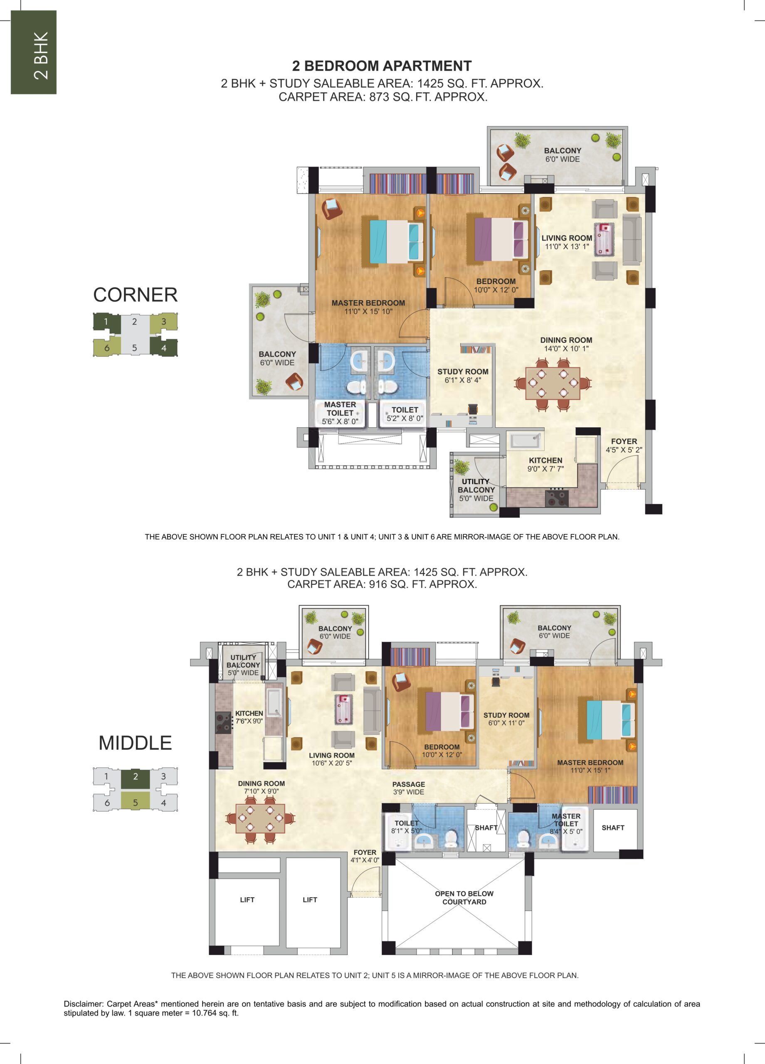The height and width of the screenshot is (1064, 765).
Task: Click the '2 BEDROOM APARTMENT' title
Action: [x=382, y=66]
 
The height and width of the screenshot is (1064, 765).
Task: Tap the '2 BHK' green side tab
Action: [x=34, y=52]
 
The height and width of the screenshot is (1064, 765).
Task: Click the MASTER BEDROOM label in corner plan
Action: [x=368, y=307]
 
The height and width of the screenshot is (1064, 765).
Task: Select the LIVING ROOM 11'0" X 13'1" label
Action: [x=567, y=242]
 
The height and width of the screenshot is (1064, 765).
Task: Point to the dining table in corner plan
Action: [x=553, y=383]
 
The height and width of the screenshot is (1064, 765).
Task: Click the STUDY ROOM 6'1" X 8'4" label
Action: [x=463, y=376]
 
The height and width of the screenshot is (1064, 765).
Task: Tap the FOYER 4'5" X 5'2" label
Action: [x=624, y=446]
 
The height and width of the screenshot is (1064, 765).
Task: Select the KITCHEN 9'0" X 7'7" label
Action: [x=545, y=464]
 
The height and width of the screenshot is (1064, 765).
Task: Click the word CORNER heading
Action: [x=135, y=295]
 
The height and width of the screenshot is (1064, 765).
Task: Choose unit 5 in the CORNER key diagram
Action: [x=135, y=347]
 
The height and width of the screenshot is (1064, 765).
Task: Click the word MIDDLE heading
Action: [x=135, y=743]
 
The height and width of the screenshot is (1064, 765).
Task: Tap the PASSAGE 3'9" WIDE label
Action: [x=409, y=788]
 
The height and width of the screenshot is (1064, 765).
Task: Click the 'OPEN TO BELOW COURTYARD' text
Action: [x=464, y=897]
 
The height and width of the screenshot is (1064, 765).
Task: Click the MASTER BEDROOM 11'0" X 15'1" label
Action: [x=590, y=766]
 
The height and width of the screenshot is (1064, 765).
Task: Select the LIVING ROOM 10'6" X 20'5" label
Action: [x=332, y=759]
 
